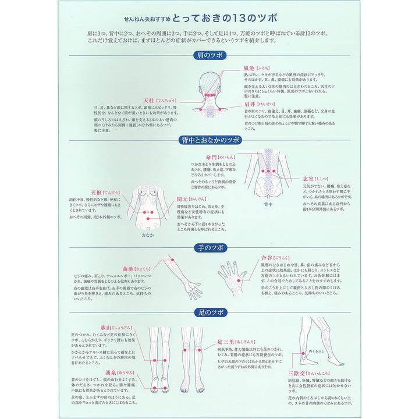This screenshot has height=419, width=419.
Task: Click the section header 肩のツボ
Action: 209,56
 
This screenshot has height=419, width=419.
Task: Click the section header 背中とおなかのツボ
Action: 209,140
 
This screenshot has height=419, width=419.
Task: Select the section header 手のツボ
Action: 209,247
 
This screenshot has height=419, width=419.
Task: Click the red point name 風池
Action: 249,68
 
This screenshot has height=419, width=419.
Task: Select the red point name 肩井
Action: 249,104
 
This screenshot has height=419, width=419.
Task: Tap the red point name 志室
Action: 308,179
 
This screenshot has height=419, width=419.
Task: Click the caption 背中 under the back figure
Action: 268,205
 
